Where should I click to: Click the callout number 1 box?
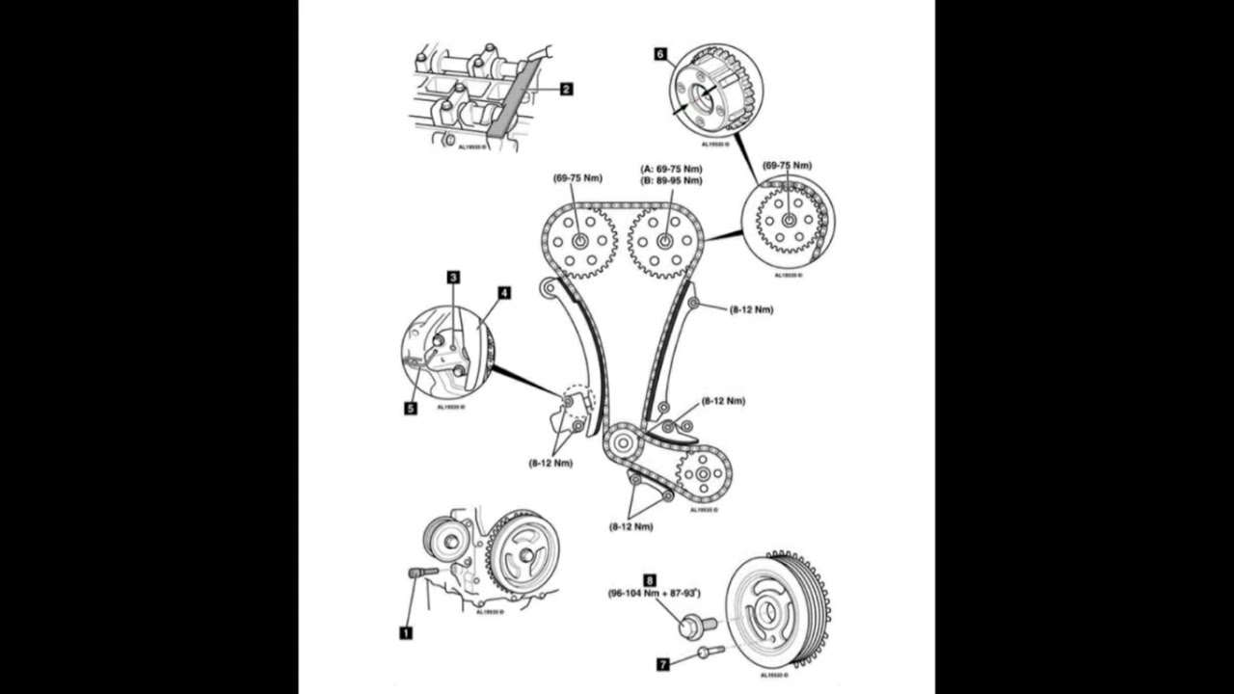tap(406, 632)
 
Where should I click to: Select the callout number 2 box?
tap(566, 89)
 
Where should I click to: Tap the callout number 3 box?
tap(453, 277)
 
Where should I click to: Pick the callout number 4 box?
tap(504, 292)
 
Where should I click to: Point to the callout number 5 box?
tap(411, 408)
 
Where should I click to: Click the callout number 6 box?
tap(661, 55)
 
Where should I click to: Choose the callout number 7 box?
tap(662, 664)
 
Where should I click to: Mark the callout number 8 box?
tap(650, 580)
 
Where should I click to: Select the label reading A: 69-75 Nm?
tap(672, 169)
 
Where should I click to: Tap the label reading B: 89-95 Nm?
tap(672, 180)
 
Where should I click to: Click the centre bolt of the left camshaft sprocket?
tap(579, 241)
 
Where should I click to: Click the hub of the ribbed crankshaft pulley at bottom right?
tap(767, 610)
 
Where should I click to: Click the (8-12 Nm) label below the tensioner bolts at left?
tap(550, 463)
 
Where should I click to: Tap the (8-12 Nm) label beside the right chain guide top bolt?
tap(751, 309)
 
